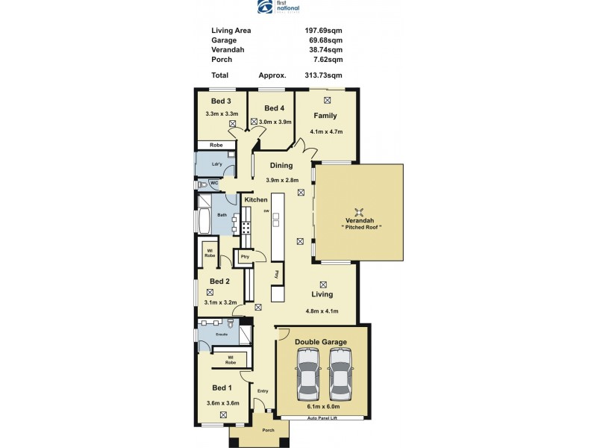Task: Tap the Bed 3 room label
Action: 221,101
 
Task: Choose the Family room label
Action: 325,116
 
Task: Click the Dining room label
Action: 281,166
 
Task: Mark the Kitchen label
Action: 256,200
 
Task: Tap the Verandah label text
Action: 358,220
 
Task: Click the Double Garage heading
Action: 321,342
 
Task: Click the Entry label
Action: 263,391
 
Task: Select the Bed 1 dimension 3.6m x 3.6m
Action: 222,403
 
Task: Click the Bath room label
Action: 222,215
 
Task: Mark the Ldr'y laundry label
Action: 216,164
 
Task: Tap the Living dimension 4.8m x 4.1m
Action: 322,311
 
